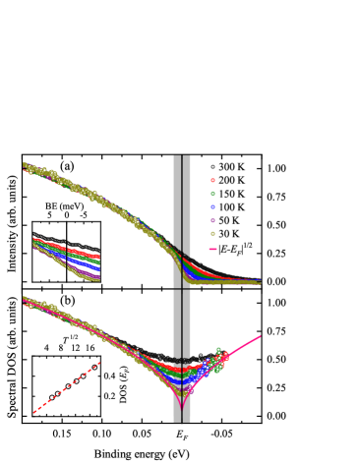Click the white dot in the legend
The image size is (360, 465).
coord(212,167)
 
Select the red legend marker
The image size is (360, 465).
coord(212,180)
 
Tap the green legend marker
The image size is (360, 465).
coord(212,194)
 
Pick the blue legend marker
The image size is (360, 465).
coord(212,206)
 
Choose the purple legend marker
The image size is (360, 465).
coord(212,220)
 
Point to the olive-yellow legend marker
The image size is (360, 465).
coord(212,233)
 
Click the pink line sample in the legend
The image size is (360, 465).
coord(212,249)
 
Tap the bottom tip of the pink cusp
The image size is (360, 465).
coord(182,408)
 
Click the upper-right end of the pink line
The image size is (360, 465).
coord(261,335)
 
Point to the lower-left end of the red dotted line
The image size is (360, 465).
coord(34,412)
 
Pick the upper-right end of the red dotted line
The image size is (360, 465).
coord(98,364)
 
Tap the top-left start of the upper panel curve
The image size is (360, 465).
coord(25,166)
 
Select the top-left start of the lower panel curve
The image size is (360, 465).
coord(25,300)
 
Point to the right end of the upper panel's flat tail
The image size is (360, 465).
coord(260,282)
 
